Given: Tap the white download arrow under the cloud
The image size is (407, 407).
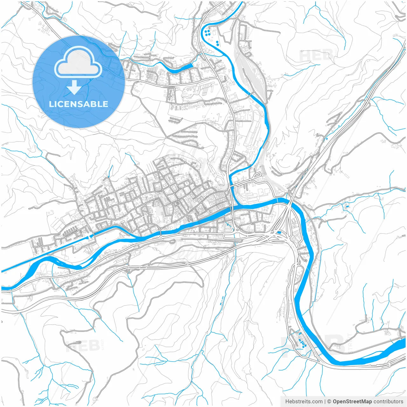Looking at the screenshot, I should coord(74,87).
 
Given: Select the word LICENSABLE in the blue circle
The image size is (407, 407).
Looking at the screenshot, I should coord(78,104).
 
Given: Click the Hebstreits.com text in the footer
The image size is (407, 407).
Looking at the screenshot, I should coord(304,402).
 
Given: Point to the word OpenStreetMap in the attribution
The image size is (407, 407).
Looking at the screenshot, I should coord(352,402).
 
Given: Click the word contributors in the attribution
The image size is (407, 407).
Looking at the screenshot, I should coord(388,402).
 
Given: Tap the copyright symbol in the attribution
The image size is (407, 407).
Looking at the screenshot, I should coord(329,402).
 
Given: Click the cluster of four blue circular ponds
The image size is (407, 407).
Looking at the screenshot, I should coord(208,32).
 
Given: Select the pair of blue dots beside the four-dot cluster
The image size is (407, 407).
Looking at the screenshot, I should coord(217,43).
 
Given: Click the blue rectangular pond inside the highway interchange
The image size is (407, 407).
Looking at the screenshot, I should coord(279,232).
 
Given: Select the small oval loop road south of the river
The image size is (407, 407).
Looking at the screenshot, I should coord(172,241).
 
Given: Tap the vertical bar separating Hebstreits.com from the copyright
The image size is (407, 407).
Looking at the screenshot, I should coord(325,402).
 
